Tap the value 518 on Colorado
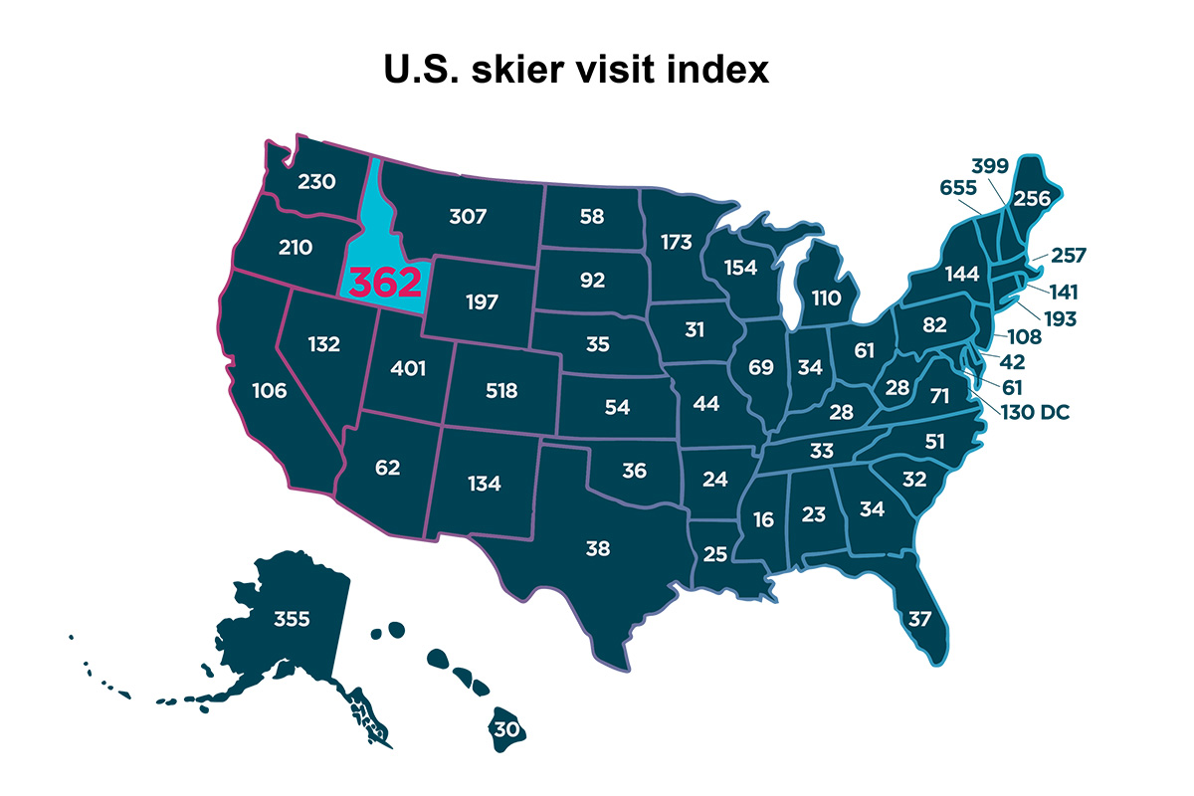coord(501,391)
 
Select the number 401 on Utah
coord(408,369)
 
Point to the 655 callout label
coord(958,187)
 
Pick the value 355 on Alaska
coord(292,619)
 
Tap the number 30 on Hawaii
coord(506,729)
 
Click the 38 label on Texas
coord(598,547)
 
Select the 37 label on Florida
coord(920,619)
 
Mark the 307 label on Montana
coord(468,216)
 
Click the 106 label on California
coord(268,391)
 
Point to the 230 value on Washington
coord(317,182)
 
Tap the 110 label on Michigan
coord(826,297)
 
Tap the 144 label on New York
coord(963,273)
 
